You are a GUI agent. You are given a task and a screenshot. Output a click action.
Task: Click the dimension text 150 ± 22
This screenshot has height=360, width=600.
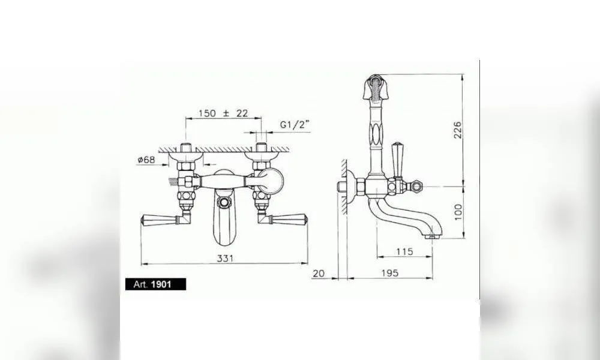(x=223, y=113)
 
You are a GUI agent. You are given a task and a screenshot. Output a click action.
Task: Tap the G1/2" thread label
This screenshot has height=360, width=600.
(x=294, y=124)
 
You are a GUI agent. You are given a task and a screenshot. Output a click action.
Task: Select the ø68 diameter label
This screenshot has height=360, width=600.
(x=146, y=160)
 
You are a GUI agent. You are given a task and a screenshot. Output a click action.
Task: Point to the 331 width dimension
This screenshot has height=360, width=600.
(x=225, y=258)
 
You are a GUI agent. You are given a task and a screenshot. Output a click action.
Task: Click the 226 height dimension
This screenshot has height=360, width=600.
(x=457, y=130)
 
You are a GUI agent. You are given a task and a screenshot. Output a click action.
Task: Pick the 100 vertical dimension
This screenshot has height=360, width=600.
(x=458, y=212)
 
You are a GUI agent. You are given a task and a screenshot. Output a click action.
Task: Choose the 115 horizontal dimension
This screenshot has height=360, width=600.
(x=404, y=252)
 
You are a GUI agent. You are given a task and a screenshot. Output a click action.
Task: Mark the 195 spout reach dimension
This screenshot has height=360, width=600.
(x=390, y=273)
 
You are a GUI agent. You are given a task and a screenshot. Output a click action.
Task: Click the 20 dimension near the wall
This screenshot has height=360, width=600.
(x=319, y=273)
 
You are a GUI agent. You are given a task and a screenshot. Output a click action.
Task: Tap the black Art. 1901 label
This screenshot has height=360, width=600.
(x=156, y=284)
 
